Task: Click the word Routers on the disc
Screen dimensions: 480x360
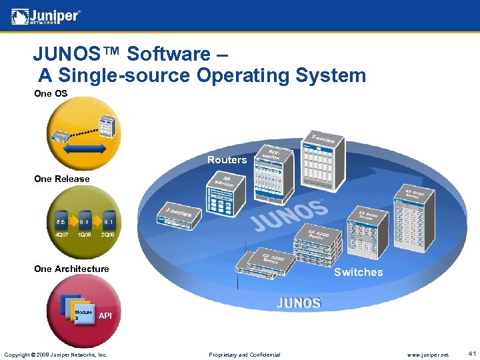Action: pyautogui.click(x=227, y=160)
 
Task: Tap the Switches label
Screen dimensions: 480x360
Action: pyautogui.click(x=358, y=272)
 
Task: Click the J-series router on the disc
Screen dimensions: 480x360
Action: pyautogui.click(x=176, y=214)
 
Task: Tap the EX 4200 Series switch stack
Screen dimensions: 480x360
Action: pyautogui.click(x=320, y=240)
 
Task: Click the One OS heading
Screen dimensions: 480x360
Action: pyautogui.click(x=51, y=93)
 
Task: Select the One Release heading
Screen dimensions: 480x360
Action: pyautogui.click(x=61, y=179)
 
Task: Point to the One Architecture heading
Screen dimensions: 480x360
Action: pyautogui.click(x=71, y=269)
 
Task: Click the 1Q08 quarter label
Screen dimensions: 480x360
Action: pyautogui.click(x=85, y=235)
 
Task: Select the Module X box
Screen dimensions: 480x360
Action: pyautogui.click(x=83, y=315)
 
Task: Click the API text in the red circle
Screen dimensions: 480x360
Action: pyautogui.click(x=105, y=315)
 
